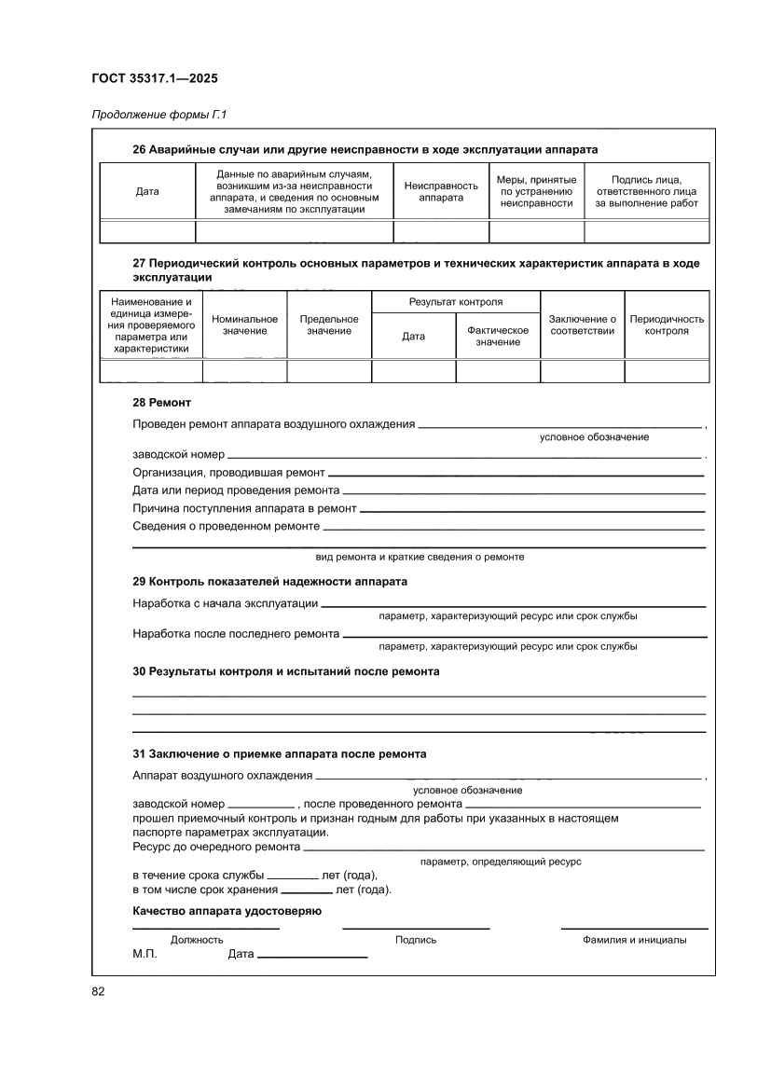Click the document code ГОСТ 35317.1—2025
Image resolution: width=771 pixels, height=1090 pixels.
tap(155, 78)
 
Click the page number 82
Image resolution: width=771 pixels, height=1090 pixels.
tap(98, 990)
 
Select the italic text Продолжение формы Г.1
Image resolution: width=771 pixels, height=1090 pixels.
tap(158, 116)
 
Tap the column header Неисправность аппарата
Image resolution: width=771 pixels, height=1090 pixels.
tap(441, 191)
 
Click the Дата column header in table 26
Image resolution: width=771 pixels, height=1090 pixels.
tap(147, 191)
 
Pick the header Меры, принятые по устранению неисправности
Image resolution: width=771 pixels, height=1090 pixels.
tap(536, 191)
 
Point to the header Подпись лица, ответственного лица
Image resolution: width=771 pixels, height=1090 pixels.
tap(646, 191)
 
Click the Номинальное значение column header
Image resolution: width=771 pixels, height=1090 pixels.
tap(244, 324)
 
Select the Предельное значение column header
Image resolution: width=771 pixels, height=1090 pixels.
tap(329, 324)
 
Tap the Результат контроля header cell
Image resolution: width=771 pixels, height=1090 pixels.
tap(456, 302)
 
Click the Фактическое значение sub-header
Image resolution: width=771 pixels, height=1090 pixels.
tap(498, 337)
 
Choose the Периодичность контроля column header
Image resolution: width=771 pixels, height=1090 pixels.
tap(667, 324)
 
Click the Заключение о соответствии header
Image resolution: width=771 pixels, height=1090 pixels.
tap(583, 324)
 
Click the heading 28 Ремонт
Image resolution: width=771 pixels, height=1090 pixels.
tap(161, 403)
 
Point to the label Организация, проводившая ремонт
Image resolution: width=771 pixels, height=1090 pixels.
tap(228, 473)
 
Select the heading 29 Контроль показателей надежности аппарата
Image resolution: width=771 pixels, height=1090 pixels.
tap(269, 581)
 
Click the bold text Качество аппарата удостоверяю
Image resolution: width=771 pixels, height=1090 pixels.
tap(227, 911)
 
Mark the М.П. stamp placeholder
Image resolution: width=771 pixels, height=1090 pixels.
tap(145, 956)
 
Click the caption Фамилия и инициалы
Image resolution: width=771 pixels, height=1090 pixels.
tap(634, 940)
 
